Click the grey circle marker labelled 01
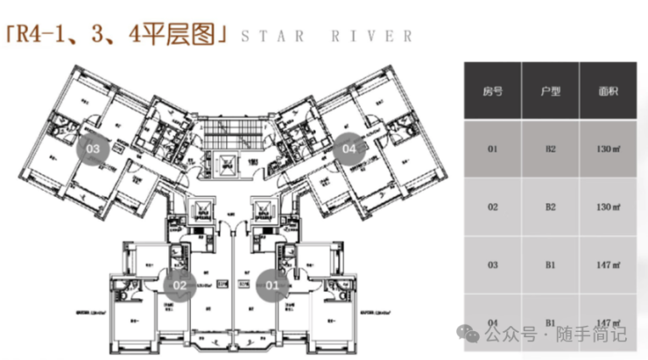(272, 284)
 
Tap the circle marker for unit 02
(180, 284)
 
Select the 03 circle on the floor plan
(92, 149)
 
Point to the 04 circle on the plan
(349, 149)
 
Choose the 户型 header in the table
(550, 92)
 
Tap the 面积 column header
(608, 92)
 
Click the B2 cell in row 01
(550, 149)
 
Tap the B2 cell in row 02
(550, 207)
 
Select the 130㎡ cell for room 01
(608, 149)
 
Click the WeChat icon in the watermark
(472, 334)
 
